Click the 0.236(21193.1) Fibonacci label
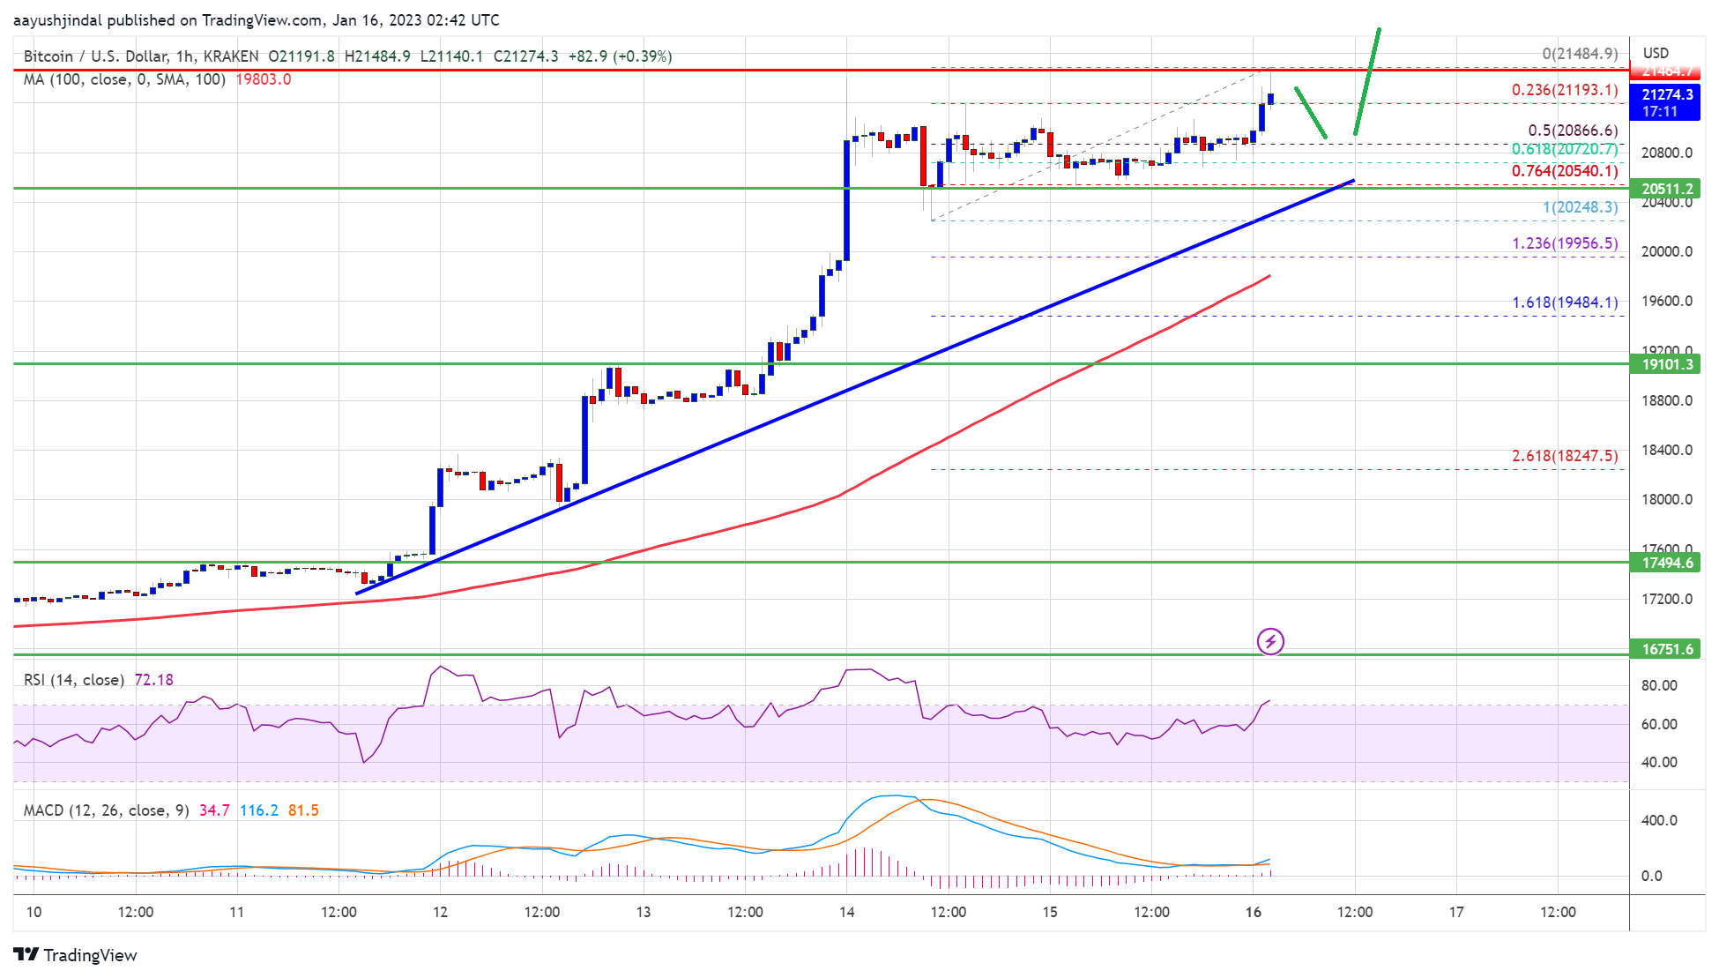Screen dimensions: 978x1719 tap(1564, 90)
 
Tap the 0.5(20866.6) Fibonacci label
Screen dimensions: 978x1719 tap(1573, 131)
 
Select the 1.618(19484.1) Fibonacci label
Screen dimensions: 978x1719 tap(1565, 302)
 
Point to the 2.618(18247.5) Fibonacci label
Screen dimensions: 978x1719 tap(1565, 456)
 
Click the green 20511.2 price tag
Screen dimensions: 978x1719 tap(1667, 189)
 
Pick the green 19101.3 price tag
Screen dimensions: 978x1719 tap(1667, 364)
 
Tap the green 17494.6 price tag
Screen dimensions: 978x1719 tap(1667, 563)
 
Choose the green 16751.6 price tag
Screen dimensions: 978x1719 tap(1667, 649)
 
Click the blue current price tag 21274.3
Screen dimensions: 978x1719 tap(1667, 94)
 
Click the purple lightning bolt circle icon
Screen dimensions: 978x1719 tap(1270, 641)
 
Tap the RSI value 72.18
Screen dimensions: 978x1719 tap(153, 680)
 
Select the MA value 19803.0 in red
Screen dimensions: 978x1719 tap(263, 79)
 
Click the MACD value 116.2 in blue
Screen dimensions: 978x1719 tap(258, 810)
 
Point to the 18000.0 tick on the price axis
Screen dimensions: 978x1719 tap(1666, 499)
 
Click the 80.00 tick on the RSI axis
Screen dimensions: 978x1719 tap(1658, 685)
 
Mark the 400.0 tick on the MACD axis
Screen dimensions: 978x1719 tap(1658, 820)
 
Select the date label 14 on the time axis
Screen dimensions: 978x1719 tap(846, 912)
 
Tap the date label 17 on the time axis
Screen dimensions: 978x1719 tap(1456, 912)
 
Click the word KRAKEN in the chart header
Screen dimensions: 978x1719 tap(231, 56)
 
